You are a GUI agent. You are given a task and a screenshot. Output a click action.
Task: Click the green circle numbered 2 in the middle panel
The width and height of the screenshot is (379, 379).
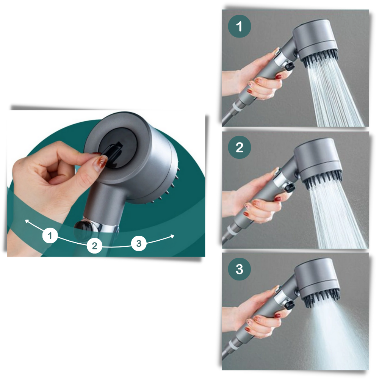(239, 147)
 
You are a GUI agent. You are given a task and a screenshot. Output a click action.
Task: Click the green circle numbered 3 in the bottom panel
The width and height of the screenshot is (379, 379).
(239, 269)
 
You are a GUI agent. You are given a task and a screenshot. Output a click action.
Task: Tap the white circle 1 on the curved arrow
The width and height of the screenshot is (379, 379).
(50, 236)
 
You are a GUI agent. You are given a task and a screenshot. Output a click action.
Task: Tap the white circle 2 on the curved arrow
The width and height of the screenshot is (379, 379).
(94, 246)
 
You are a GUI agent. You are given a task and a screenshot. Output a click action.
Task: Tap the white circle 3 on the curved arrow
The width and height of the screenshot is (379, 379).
(139, 243)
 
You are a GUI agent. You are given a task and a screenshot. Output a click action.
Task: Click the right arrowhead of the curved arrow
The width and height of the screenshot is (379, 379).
(172, 236)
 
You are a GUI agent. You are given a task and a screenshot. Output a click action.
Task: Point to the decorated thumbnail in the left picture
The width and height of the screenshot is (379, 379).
(100, 164)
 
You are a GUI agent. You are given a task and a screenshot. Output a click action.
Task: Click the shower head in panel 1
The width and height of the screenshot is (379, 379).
(316, 40)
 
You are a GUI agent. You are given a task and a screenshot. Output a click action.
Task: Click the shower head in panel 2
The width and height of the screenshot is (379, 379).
(318, 159)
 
